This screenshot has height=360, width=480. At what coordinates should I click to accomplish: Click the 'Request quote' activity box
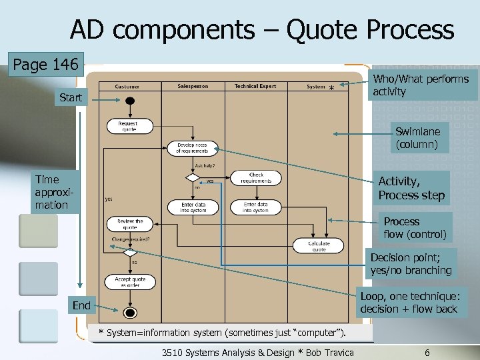pyautogui.click(x=129, y=126)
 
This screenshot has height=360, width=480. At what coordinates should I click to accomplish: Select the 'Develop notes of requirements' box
pyautogui.click(x=192, y=148)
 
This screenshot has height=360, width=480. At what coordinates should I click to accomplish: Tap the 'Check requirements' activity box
pyautogui.click(x=256, y=178)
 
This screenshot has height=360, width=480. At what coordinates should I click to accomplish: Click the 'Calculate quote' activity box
pyautogui.click(x=319, y=246)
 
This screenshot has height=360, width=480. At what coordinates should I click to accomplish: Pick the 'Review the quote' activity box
pyautogui.click(x=129, y=224)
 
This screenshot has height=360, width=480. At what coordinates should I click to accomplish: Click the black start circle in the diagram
pyautogui.click(x=131, y=101)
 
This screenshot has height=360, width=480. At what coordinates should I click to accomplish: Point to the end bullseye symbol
pyautogui.click(x=130, y=312)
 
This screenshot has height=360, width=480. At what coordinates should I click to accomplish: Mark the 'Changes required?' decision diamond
pyautogui.click(x=130, y=253)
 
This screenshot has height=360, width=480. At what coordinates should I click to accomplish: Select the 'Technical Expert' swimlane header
pyautogui.click(x=255, y=86)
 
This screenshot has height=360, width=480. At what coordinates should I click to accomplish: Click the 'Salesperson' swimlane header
pyautogui.click(x=193, y=86)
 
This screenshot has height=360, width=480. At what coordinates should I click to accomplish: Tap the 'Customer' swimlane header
pyautogui.click(x=127, y=87)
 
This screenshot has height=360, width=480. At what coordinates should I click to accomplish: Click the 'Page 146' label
pyautogui.click(x=46, y=65)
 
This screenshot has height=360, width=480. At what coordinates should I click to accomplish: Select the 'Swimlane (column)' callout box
pyautogui.click(x=417, y=138)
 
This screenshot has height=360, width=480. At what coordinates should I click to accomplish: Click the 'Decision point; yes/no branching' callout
pyautogui.click(x=411, y=264)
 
